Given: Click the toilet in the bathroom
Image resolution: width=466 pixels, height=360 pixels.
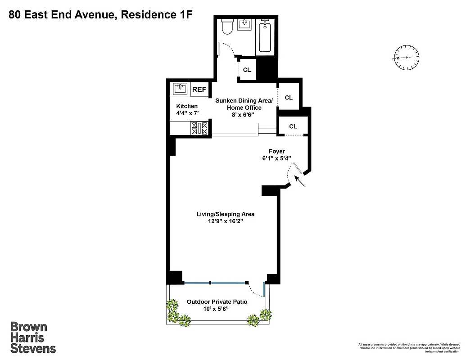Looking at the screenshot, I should tap(228, 27).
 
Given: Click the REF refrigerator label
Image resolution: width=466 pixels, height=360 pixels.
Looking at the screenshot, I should tap(199, 90).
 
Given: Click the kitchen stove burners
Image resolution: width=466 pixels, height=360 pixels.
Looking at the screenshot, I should tap(199, 129).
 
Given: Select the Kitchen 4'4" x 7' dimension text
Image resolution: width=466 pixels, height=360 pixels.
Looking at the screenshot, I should tap(186, 109).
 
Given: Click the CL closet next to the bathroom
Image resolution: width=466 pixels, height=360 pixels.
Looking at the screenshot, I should tap(247, 70).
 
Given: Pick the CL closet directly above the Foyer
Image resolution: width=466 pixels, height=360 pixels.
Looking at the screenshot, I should tap(293, 126).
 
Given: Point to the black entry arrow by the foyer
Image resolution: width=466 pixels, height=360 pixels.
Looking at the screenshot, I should tap(300, 181).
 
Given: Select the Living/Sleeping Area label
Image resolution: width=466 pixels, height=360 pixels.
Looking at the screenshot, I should tap(222, 214).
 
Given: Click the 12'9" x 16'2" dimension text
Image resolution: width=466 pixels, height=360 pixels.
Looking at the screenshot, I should tap(222, 222).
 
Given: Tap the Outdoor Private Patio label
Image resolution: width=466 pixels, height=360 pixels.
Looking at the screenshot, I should tap(217, 302).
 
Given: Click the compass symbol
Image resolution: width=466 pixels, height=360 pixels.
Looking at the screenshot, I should tap(407, 58).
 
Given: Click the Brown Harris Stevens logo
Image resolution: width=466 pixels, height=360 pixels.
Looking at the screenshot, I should tap(33, 337).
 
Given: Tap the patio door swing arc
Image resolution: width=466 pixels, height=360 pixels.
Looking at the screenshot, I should tap(256, 291).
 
